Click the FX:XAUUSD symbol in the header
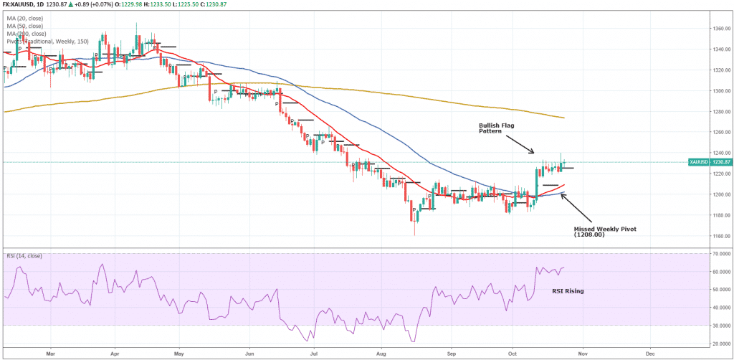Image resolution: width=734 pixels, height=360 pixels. [x=16, y=6]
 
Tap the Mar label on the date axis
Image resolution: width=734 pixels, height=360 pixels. [x=50, y=354]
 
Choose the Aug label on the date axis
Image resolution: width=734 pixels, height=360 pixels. [x=381, y=354]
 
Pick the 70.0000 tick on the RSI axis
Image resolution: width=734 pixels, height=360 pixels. [x=719, y=254]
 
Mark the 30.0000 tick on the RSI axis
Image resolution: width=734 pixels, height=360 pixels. [x=719, y=326]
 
